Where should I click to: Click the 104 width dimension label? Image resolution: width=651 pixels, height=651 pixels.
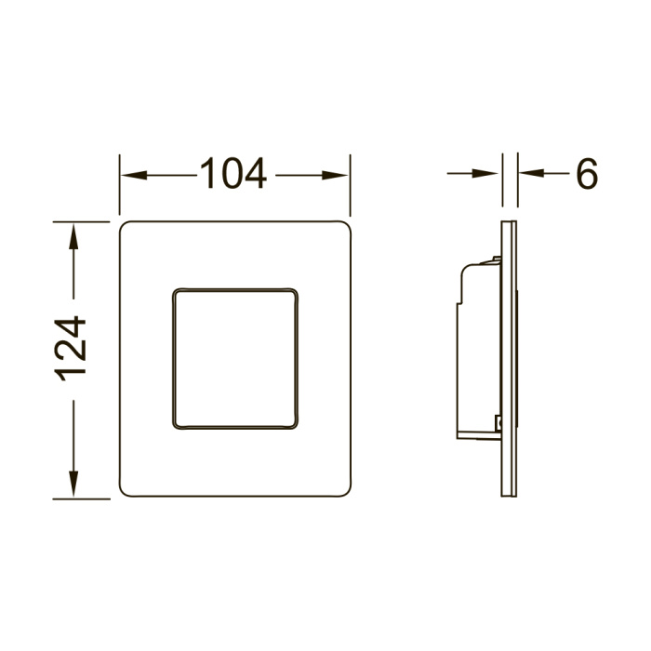(x=232, y=174)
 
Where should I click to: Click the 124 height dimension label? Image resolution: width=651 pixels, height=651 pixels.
(x=70, y=349)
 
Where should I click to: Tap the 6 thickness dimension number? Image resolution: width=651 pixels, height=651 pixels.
(x=587, y=174)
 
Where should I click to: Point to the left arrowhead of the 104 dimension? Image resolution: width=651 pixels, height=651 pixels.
(x=134, y=175)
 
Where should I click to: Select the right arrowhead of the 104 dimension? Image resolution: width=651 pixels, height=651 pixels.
(x=335, y=175)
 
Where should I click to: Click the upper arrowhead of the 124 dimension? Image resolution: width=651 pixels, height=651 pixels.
(x=73, y=236)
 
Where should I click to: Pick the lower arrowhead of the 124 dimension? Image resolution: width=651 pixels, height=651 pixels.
(x=73, y=485)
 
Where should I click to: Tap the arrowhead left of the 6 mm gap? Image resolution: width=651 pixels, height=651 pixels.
(x=485, y=173)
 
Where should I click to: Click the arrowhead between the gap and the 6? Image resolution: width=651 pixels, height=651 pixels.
(x=531, y=173)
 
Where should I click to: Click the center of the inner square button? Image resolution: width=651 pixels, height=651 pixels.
(x=235, y=359)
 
